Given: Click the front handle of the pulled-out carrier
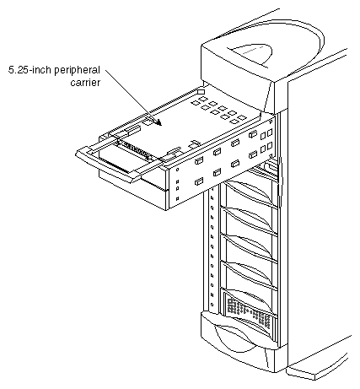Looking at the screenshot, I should [x=105, y=165].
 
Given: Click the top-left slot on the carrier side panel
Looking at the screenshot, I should [x=199, y=157].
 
